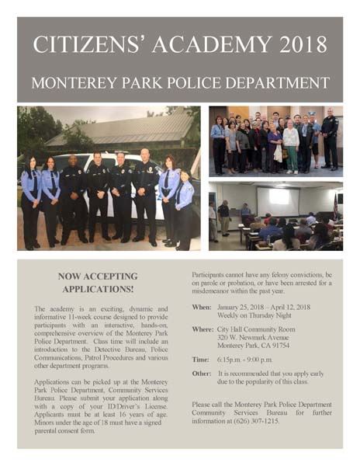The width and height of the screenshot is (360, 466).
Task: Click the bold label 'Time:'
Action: (200, 360)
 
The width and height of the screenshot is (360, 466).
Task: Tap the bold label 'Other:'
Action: (201, 374)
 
